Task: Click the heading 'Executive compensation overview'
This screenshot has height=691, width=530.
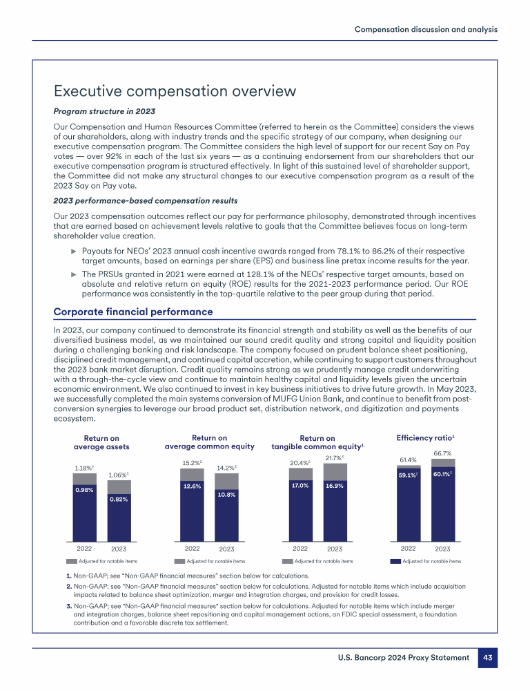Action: click(x=175, y=91)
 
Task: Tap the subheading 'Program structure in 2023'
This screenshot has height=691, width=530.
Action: click(x=104, y=112)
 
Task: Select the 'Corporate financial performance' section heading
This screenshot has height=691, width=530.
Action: click(x=133, y=312)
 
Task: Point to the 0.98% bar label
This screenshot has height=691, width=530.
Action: click(x=84, y=490)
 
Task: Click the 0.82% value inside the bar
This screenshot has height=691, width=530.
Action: click(x=119, y=498)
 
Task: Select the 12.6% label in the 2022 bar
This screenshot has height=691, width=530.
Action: click(x=191, y=486)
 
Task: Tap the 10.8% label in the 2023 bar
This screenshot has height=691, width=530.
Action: click(x=226, y=494)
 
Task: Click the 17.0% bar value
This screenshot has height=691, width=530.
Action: click(x=300, y=485)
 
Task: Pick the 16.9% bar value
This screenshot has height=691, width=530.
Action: click(x=335, y=486)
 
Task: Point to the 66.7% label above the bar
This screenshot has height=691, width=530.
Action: click(x=442, y=453)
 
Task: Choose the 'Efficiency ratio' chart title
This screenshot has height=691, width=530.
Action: click(x=424, y=438)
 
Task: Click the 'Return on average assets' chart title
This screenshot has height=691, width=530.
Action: click(x=101, y=442)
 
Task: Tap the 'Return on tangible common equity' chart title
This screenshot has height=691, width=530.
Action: click(x=317, y=442)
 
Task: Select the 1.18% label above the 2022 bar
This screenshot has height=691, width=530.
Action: click(x=84, y=468)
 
